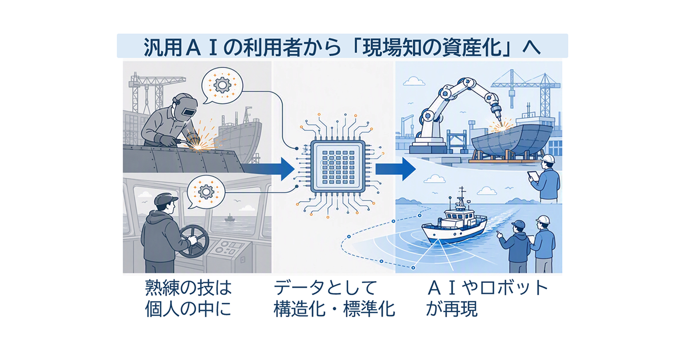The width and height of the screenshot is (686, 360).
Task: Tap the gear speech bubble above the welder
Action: click(222, 85)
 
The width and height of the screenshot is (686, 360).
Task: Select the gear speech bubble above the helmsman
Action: click(206, 192)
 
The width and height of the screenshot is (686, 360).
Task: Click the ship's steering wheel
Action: click(193, 241)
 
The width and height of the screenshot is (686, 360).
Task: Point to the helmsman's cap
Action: click(166, 199)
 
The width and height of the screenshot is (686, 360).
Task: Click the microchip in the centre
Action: click(338, 166)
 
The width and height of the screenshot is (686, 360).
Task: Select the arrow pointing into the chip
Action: click(269, 169)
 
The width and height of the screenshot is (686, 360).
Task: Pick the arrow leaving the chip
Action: click(396, 169)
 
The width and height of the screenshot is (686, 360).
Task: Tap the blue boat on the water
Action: click(454, 224)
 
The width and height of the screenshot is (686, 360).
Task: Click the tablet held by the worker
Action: click(533, 177)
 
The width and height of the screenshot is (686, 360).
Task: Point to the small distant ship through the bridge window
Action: click(229, 218)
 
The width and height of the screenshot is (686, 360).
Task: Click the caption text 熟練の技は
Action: click(188, 289)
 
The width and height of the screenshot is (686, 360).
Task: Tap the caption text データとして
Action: click(325, 289)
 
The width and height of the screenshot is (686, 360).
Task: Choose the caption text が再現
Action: click(452, 309)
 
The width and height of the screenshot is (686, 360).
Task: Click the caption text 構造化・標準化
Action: click(334, 309)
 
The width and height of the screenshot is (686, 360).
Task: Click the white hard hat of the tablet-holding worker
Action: click(547, 159)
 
